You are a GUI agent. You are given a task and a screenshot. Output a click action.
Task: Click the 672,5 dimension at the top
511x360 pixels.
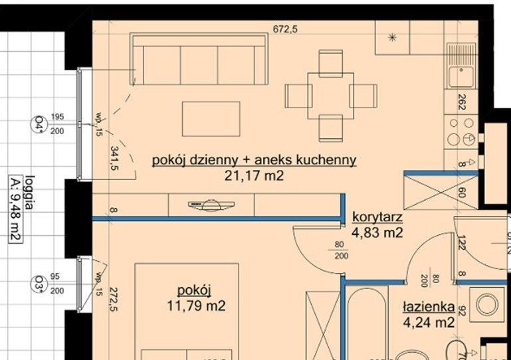(x=286, y=29)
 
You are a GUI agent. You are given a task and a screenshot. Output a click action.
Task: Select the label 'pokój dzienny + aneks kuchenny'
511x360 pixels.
(x=255, y=160)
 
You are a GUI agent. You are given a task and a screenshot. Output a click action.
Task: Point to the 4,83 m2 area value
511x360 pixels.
(x=377, y=232)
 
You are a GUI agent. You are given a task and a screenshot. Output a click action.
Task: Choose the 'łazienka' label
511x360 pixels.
(x=429, y=308)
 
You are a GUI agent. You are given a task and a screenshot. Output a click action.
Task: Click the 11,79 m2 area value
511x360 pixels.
(x=196, y=306)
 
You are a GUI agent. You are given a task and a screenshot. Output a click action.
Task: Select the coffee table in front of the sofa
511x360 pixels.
(x=211, y=118)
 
